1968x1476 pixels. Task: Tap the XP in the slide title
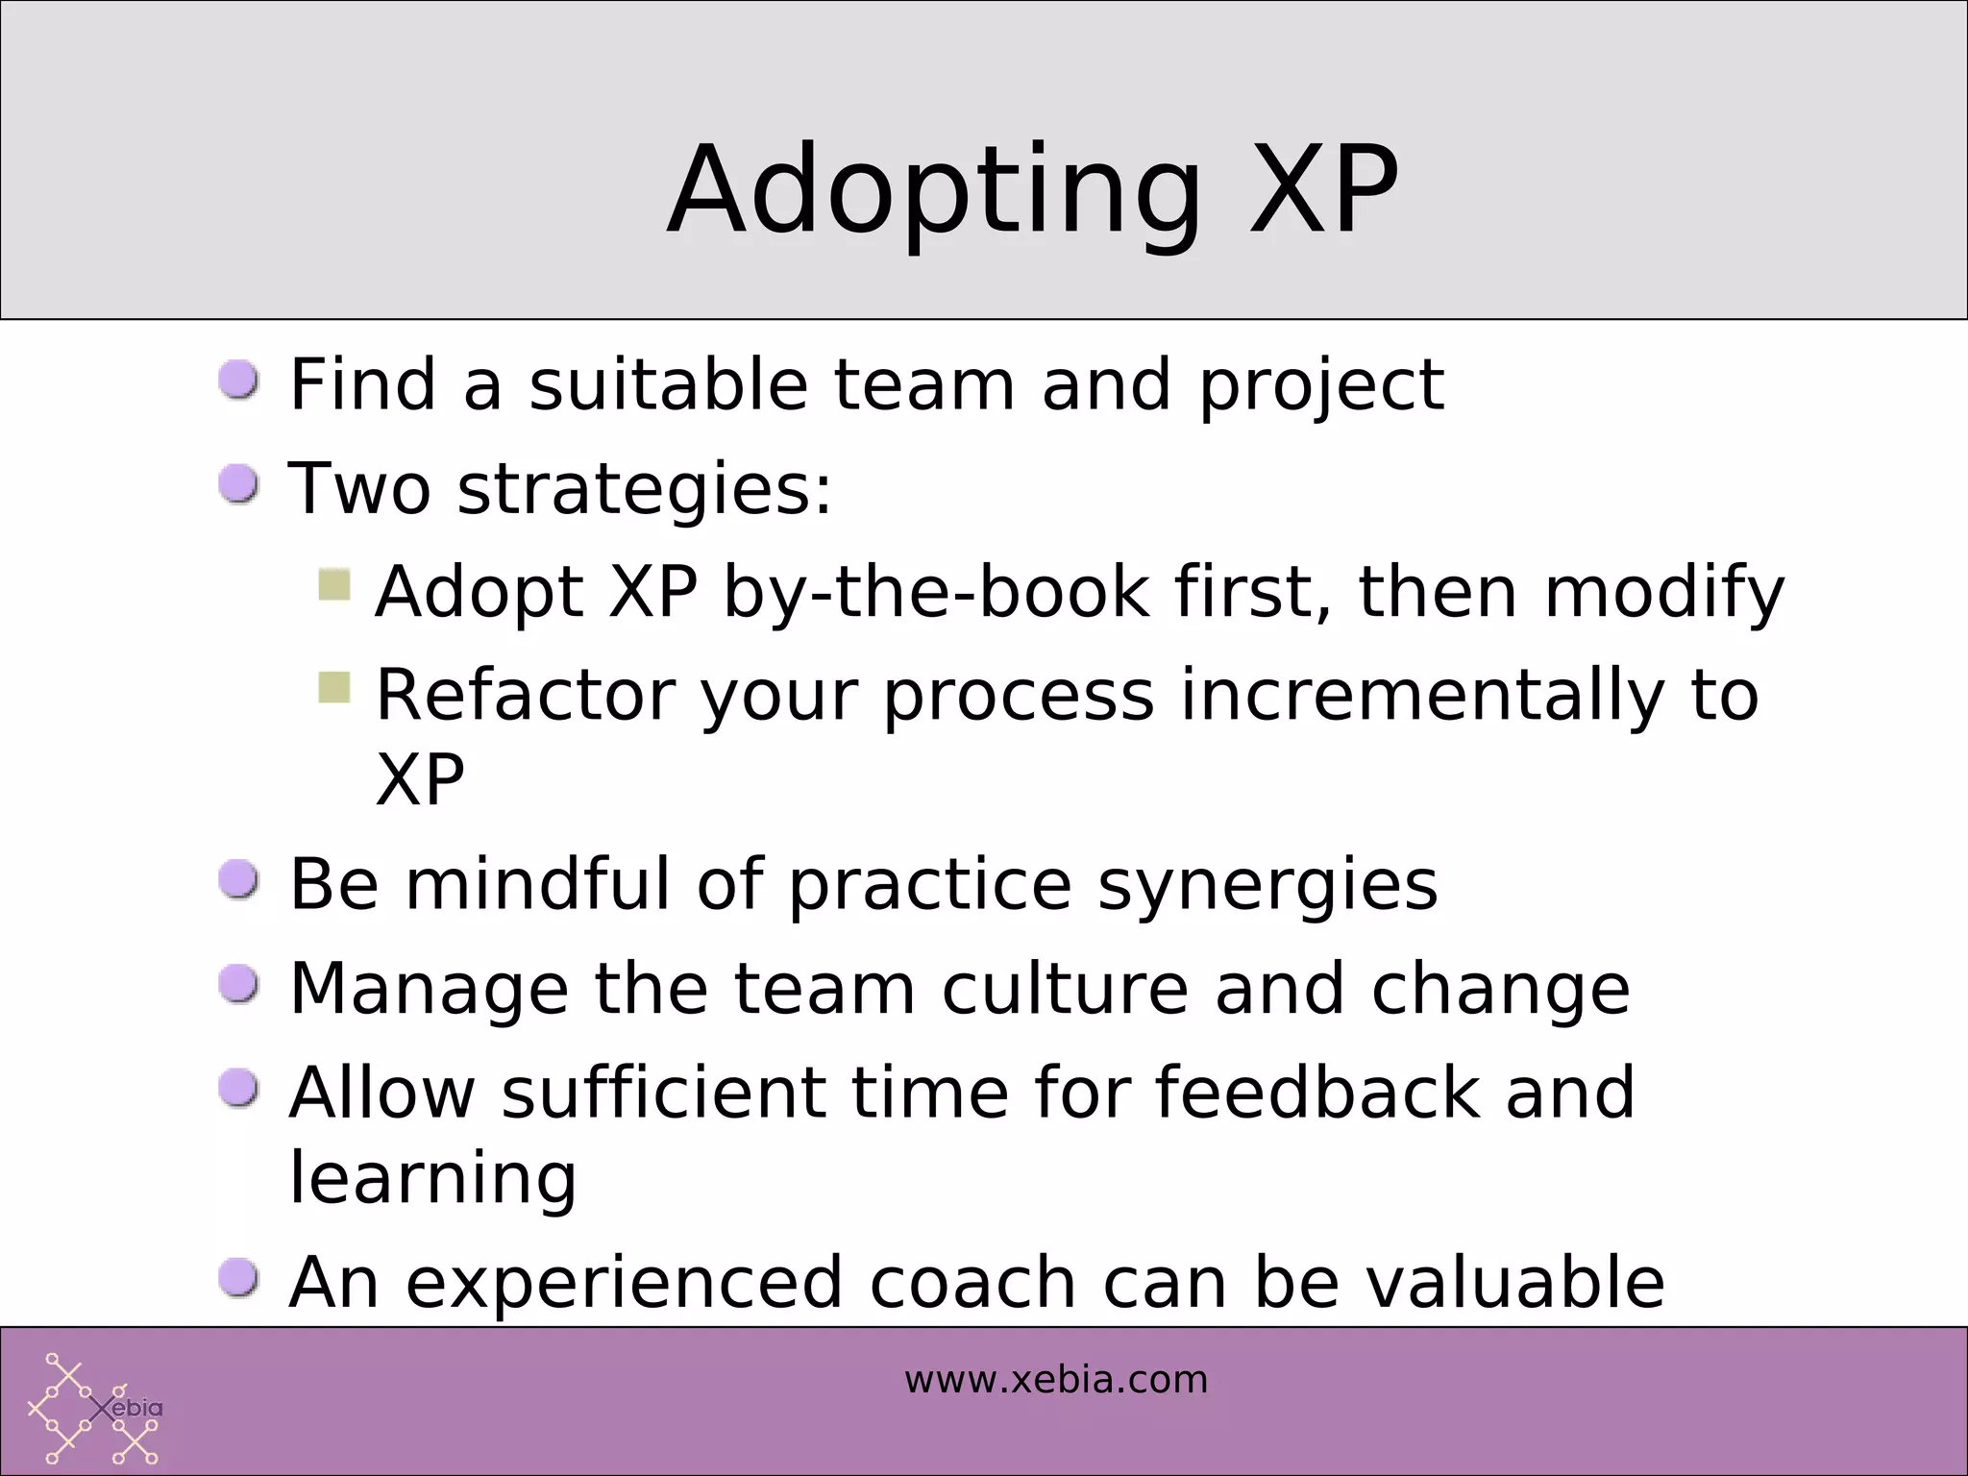tap(1323, 189)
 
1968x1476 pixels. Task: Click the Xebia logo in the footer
tap(95, 1408)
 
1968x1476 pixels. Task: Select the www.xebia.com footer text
tap(1055, 1380)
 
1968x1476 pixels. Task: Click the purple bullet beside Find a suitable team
tap(238, 381)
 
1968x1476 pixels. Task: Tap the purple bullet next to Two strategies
tap(238, 484)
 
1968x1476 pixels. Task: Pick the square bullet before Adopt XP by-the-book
tap(334, 584)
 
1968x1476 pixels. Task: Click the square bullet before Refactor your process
tap(334, 687)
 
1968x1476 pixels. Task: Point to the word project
tap(1320, 386)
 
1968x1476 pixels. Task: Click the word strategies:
tap(644, 490)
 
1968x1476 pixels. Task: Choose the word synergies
tap(1267, 886)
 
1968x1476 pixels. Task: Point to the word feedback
tap(1316, 1093)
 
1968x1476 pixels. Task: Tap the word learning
tap(432, 1178)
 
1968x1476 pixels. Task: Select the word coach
tap(972, 1283)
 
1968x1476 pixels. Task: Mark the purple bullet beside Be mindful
tap(238, 880)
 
